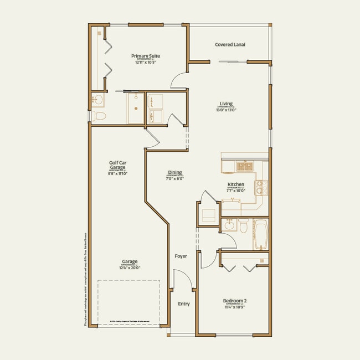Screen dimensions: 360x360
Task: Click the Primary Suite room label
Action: [146, 56]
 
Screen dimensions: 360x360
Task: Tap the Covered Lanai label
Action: [230, 44]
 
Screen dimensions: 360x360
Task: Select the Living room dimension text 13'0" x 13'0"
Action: [226, 110]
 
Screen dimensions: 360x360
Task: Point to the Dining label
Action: [174, 172]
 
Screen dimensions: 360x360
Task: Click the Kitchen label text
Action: [236, 184]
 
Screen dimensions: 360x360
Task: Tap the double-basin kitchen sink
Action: [244, 166]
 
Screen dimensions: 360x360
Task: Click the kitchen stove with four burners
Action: [261, 189]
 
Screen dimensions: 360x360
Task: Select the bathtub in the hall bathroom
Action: [260, 235]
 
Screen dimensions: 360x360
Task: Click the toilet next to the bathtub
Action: [242, 226]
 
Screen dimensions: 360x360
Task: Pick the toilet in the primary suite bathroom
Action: [98, 116]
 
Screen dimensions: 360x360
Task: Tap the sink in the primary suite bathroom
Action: [98, 100]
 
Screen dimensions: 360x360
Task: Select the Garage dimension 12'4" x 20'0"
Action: [130, 268]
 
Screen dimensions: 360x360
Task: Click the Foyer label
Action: [181, 256]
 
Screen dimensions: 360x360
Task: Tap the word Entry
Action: [183, 304]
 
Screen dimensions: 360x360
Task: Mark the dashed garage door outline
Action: [129, 302]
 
